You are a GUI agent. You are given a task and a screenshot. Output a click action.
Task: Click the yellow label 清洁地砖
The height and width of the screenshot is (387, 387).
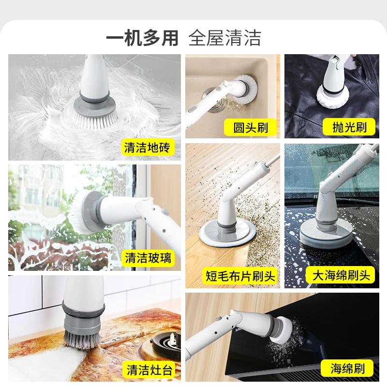point(148,148)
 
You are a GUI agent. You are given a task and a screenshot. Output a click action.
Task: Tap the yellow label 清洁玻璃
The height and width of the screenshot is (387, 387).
point(148,257)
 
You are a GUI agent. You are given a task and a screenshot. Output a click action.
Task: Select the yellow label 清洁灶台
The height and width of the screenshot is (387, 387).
point(148,370)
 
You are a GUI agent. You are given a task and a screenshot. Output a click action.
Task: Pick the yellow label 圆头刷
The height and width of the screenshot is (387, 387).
point(251,128)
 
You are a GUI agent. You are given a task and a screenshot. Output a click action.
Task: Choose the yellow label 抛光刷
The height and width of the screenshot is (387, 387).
point(350,128)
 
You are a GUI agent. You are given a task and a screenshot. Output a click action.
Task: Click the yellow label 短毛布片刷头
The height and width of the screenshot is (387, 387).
point(240,276)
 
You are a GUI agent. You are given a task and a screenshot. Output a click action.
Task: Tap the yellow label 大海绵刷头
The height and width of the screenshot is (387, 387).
point(341,276)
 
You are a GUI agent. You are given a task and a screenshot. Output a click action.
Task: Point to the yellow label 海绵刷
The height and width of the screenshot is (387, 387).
point(348,369)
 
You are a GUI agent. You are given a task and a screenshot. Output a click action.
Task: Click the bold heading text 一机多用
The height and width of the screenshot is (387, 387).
point(143,38)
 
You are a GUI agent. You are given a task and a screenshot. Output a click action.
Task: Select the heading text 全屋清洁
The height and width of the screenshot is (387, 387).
point(225,38)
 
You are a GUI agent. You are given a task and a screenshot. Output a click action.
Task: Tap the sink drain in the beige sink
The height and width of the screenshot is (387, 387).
point(212,92)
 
